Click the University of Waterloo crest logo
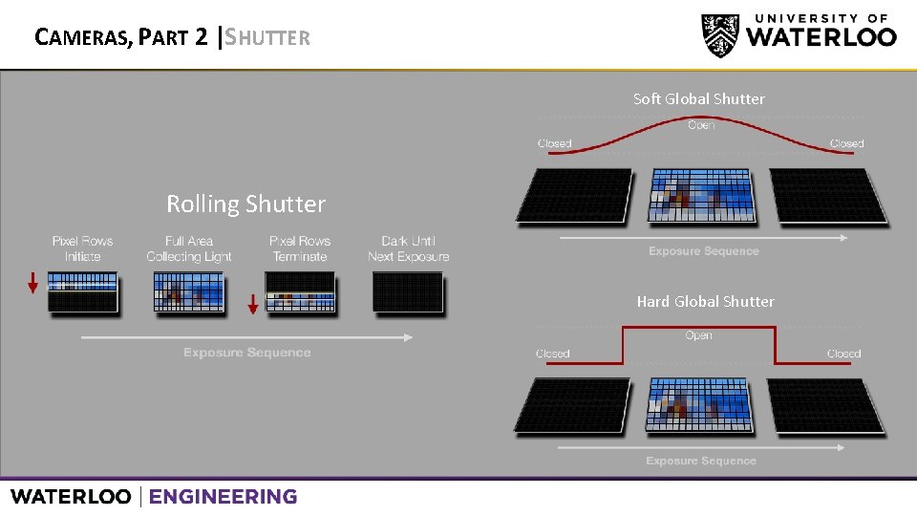[719, 35]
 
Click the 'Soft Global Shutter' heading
[698, 98]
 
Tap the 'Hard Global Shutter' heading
[705, 301]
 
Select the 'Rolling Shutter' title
[245, 204]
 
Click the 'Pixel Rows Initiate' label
[82, 248]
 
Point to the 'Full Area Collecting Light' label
[189, 248]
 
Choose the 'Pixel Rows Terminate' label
[300, 248]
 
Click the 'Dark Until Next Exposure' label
[408, 248]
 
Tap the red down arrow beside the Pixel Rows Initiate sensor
[32, 283]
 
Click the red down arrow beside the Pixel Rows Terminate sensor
[253, 304]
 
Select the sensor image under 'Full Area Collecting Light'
[189, 291]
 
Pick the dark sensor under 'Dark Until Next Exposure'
[408, 291]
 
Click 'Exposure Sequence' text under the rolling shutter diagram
[246, 353]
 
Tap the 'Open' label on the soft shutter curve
[701, 125]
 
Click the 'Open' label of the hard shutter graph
[698, 335]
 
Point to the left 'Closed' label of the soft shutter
[554, 143]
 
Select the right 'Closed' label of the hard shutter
[843, 354]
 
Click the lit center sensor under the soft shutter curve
[700, 195]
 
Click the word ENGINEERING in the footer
[223, 497]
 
